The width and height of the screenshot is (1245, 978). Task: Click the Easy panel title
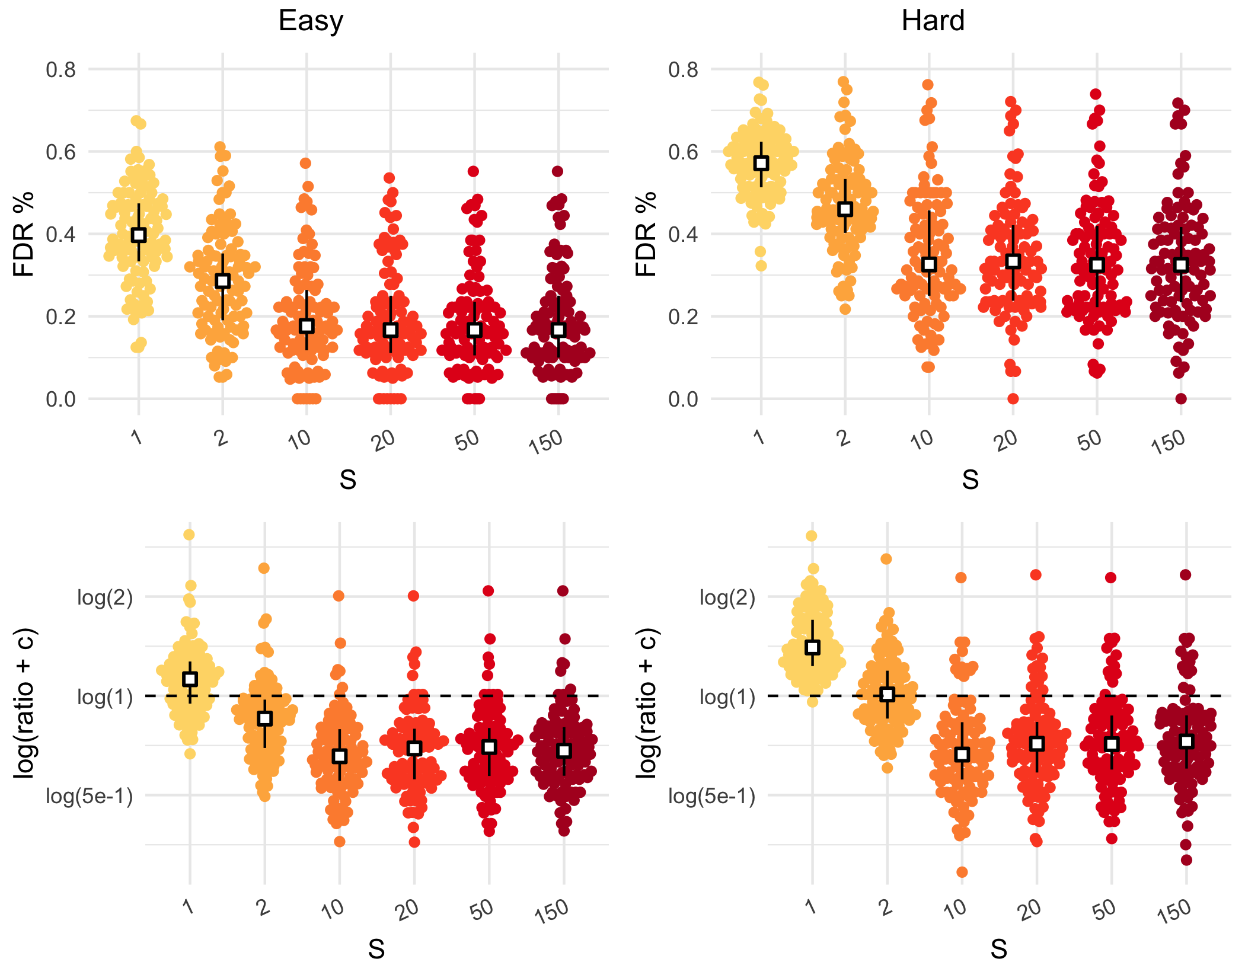(311, 21)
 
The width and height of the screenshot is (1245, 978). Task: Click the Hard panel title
(933, 21)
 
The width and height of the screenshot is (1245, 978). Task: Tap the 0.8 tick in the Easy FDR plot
(61, 69)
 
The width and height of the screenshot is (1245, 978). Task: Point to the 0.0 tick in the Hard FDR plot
(684, 399)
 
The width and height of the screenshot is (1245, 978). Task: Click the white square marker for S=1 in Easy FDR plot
(139, 235)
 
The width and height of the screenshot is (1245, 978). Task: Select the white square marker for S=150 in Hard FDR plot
(1181, 265)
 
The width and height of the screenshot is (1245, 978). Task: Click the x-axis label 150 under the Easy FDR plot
(546, 442)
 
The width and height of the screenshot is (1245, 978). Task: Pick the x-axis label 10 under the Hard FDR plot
(922, 440)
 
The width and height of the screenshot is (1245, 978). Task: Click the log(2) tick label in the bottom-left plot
(105, 597)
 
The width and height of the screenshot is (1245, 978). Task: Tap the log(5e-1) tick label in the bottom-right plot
(711, 796)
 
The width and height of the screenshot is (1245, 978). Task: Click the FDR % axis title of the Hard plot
(646, 234)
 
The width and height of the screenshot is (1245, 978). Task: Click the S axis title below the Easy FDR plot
(348, 480)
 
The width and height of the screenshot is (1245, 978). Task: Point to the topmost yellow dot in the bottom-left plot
(189, 535)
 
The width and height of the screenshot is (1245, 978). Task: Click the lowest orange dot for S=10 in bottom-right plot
(962, 872)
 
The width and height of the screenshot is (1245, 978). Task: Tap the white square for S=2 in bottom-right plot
(887, 694)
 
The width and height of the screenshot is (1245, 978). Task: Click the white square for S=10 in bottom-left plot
(340, 756)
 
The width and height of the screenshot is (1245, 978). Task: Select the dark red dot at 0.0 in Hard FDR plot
(1181, 399)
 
